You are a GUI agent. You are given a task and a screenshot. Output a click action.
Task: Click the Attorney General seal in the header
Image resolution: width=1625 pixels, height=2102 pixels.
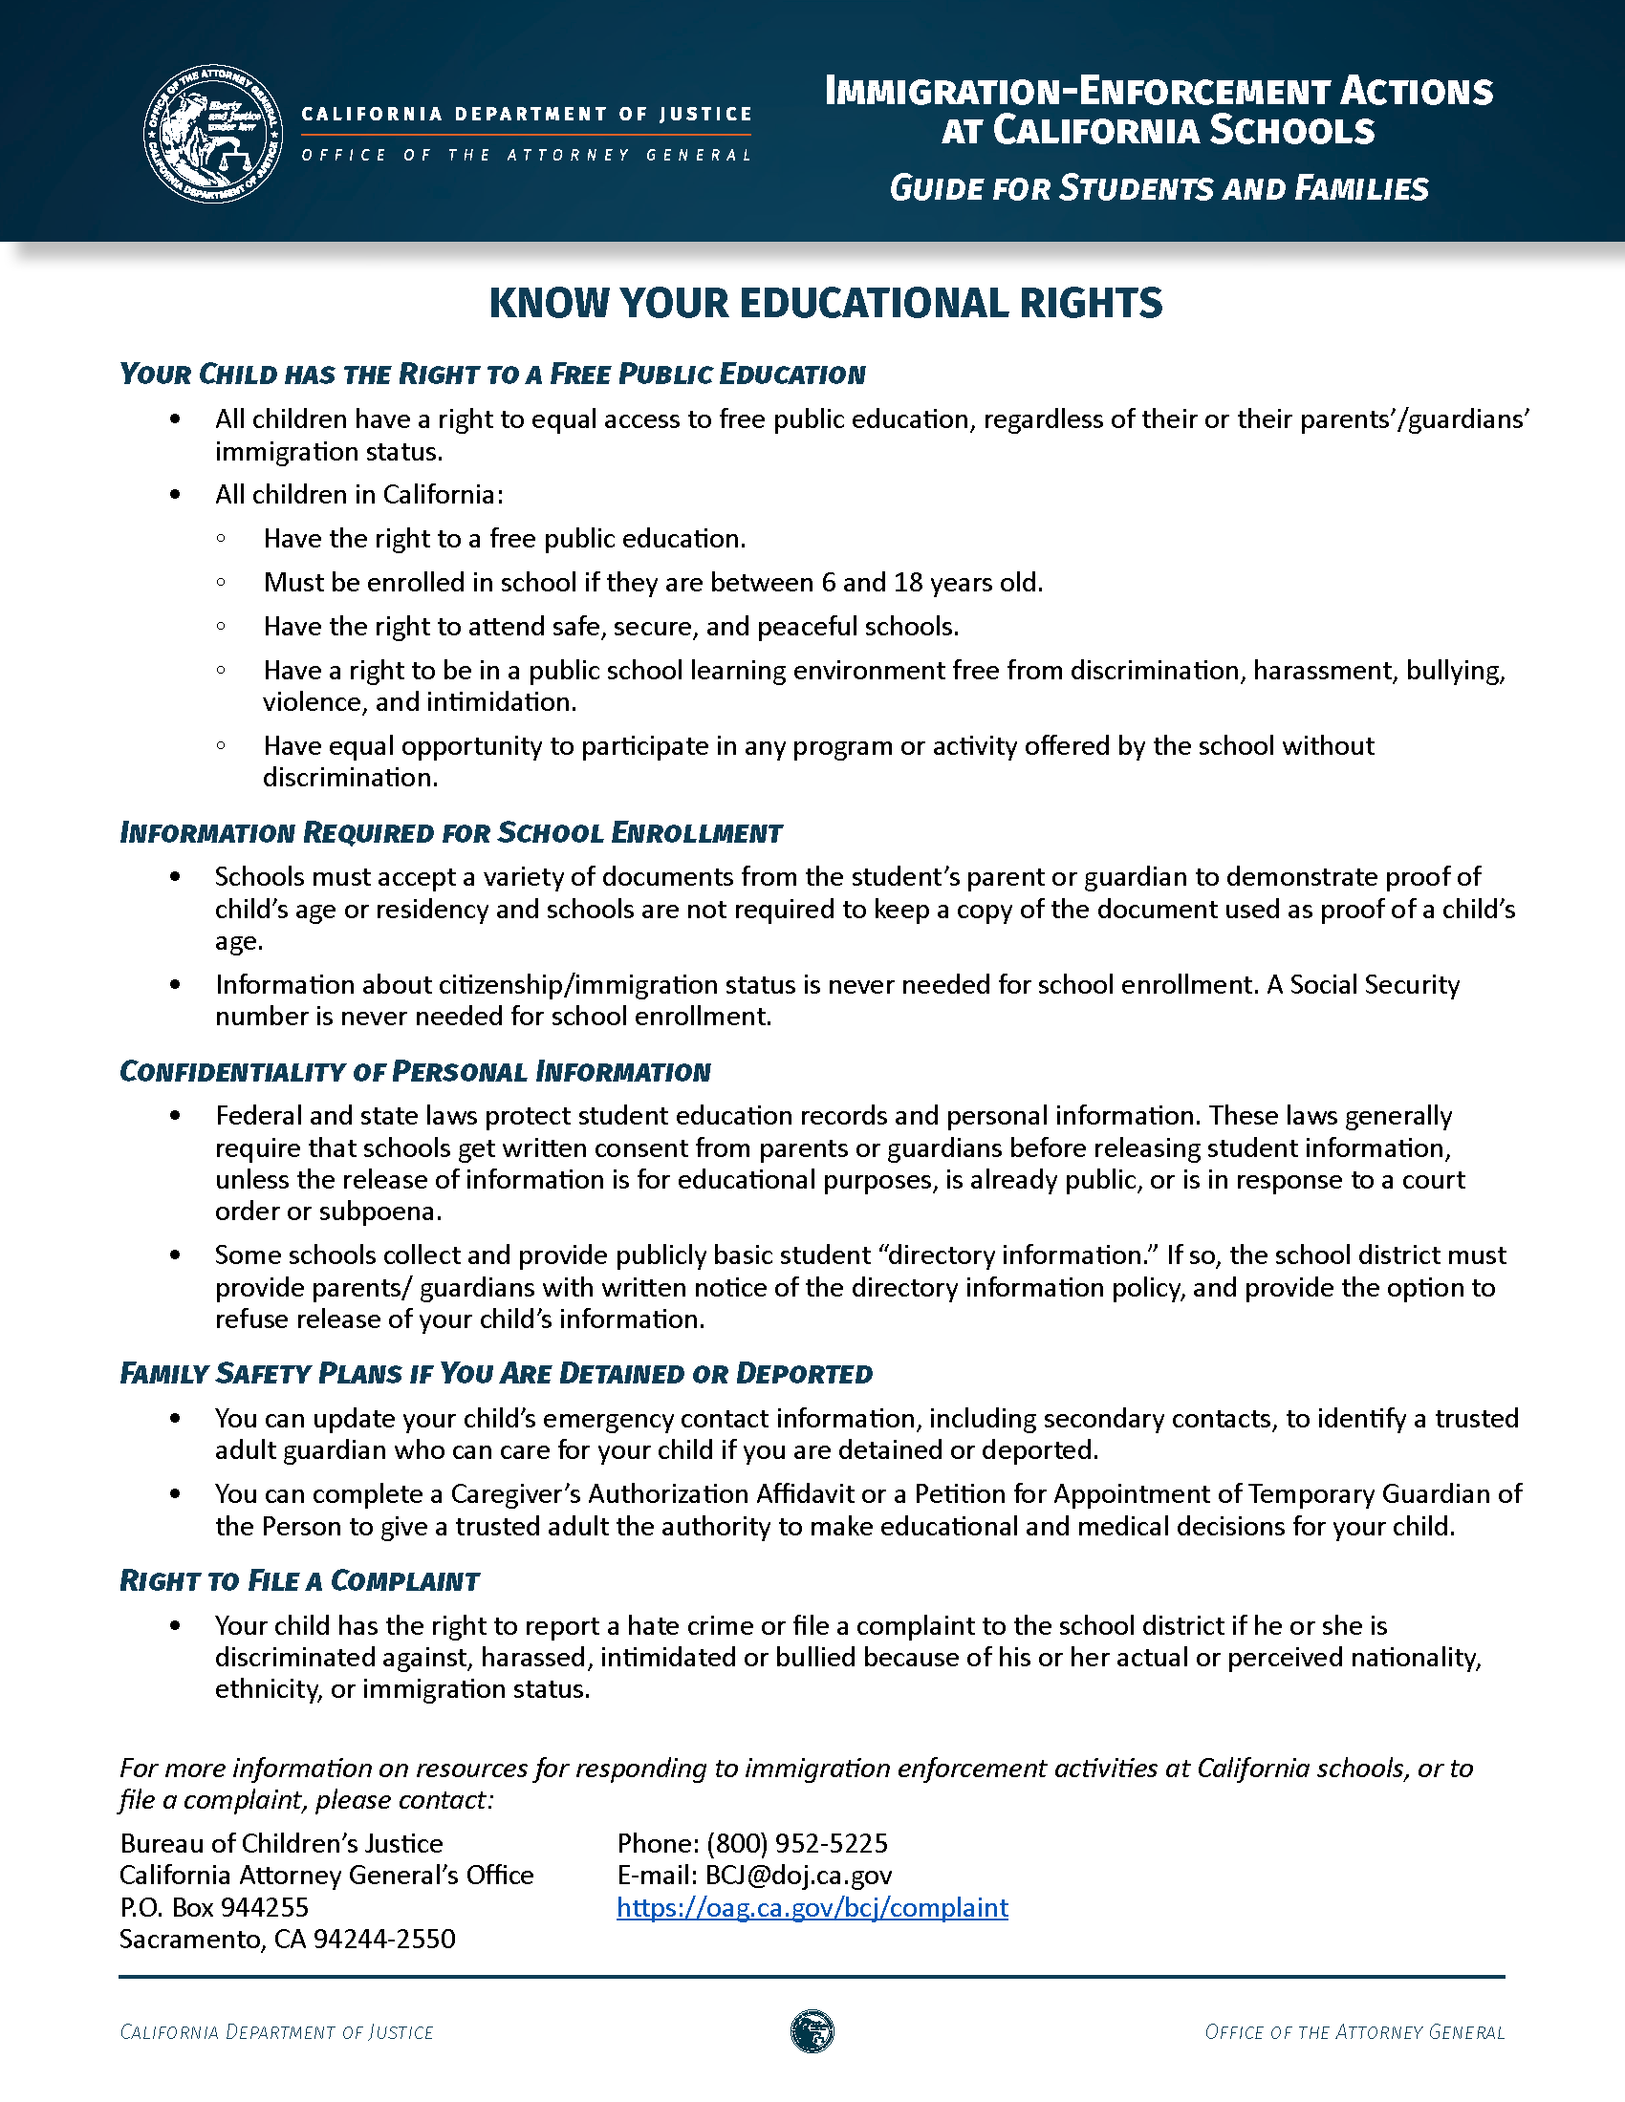(213, 134)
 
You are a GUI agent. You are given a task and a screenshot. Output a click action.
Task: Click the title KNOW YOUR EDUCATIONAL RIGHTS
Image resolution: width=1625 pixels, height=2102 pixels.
(825, 303)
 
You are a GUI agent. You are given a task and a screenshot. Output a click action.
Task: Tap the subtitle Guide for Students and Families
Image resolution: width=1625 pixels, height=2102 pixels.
(1159, 187)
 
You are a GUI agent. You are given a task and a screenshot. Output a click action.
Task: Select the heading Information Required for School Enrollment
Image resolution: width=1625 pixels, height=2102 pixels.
(450, 832)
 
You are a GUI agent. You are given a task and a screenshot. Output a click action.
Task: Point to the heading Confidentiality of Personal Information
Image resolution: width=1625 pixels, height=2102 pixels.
(415, 1071)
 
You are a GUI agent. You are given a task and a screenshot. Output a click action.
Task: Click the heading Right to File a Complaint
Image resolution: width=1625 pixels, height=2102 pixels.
(299, 1580)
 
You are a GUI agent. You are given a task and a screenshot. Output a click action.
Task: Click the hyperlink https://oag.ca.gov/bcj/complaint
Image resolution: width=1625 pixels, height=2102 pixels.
(812, 1907)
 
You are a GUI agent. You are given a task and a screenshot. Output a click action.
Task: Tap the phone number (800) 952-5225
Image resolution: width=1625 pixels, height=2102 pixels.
(797, 1843)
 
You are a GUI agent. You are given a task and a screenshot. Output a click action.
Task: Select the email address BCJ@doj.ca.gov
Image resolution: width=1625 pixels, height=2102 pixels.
(798, 1875)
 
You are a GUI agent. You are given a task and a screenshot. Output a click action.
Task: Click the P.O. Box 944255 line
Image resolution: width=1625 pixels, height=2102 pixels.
(214, 1907)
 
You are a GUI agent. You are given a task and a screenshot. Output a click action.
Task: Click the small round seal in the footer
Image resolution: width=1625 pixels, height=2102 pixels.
(812, 2031)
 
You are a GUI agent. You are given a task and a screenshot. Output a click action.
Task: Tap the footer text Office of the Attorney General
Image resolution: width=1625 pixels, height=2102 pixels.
(1354, 2031)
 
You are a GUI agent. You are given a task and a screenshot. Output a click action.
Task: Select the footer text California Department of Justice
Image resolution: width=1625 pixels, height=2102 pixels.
(276, 2031)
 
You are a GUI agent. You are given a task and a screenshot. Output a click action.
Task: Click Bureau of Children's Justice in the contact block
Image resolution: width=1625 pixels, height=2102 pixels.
(281, 1843)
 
